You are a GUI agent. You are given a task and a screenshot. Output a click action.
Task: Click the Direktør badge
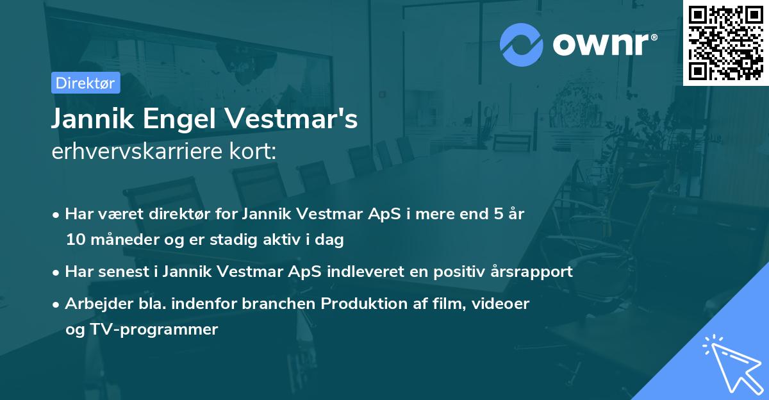coord(85,83)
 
